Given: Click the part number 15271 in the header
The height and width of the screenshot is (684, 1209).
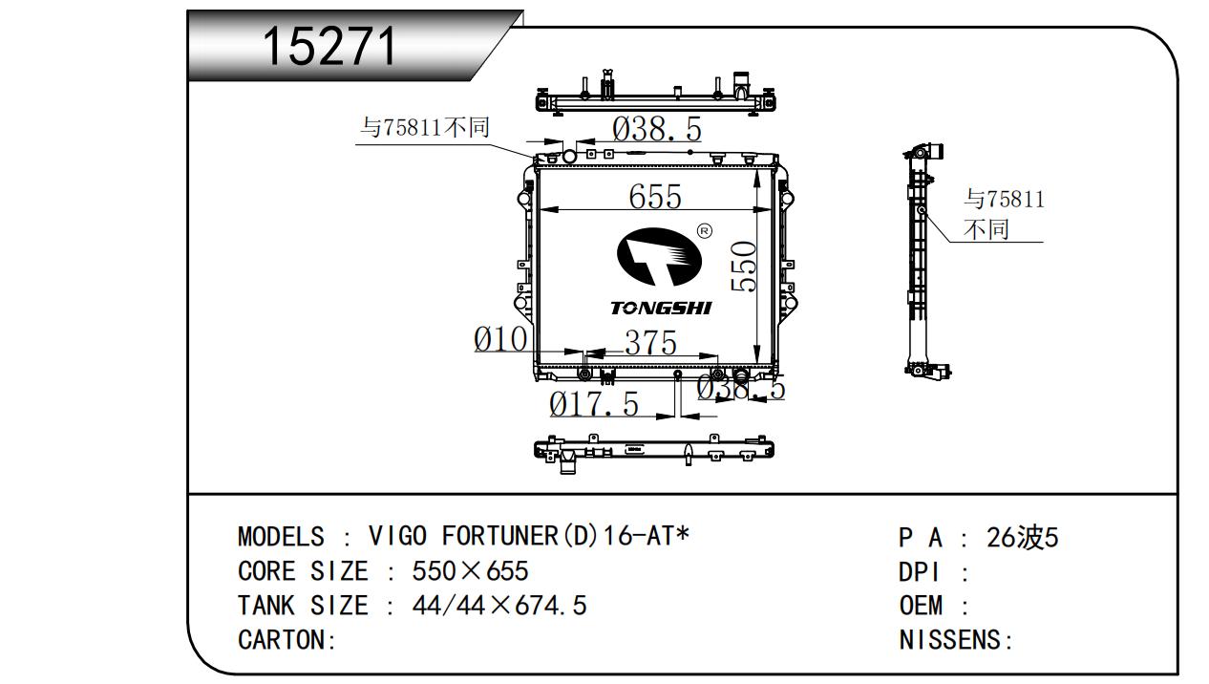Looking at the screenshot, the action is pos(329,46).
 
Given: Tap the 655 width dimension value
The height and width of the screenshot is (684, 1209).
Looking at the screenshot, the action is pos(655,196).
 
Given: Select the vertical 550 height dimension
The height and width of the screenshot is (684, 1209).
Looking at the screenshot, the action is pos(744,267).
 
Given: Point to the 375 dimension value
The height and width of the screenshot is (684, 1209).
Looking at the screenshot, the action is pos(651,342).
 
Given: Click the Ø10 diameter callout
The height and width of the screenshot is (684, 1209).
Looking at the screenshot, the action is pos(500,339).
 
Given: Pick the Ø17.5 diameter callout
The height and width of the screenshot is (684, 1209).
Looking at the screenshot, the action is pos(594,404).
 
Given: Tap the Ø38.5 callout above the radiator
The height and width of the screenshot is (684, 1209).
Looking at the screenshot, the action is pos(657,129).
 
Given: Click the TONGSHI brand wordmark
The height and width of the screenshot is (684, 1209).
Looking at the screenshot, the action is pos(661,309).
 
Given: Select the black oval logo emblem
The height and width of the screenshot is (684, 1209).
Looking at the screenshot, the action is pos(659,257).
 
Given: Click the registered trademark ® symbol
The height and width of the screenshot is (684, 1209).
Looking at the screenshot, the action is pos(705,231).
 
